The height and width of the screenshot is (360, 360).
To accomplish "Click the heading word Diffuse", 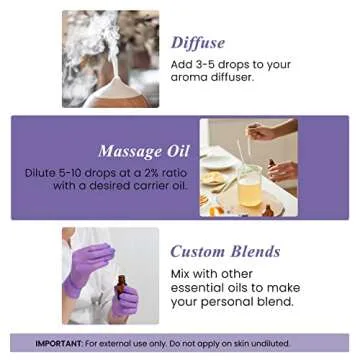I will coord(197,43).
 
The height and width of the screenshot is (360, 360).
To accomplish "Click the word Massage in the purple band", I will coord(124,152).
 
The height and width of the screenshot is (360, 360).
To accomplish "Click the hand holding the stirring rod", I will coord(262,131).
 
